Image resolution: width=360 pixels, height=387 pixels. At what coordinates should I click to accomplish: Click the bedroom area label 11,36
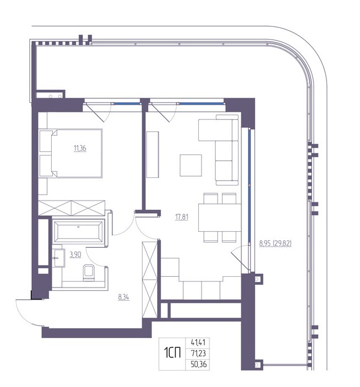tap(80, 148)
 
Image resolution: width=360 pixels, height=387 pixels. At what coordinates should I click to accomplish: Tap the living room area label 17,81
tap(182, 217)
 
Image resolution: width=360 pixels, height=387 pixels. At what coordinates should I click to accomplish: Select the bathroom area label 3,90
tap(76, 254)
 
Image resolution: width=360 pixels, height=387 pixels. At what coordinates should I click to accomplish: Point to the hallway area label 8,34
tap(124, 297)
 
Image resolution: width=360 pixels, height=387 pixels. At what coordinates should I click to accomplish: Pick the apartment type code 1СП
tap(173, 353)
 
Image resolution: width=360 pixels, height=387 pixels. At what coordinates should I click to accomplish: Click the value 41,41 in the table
tap(198, 342)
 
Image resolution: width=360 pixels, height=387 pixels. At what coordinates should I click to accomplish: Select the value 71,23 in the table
tap(198, 353)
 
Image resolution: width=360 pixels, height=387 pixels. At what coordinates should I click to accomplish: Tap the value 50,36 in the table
tap(199, 364)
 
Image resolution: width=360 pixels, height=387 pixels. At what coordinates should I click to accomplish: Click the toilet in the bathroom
tap(89, 273)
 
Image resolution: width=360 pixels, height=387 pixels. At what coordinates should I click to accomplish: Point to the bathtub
tap(78, 232)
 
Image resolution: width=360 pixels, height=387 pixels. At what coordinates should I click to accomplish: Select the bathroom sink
tap(58, 258)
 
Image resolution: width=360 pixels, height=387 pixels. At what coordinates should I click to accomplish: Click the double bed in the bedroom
tap(71, 153)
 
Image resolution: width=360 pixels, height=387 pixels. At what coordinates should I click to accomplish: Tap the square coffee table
tap(191, 165)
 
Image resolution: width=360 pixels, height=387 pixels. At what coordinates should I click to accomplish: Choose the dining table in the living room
tap(219, 218)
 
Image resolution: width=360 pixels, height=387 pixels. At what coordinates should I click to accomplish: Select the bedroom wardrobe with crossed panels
tap(72, 208)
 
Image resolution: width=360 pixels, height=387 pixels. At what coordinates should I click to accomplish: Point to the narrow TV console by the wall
tap(152, 155)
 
